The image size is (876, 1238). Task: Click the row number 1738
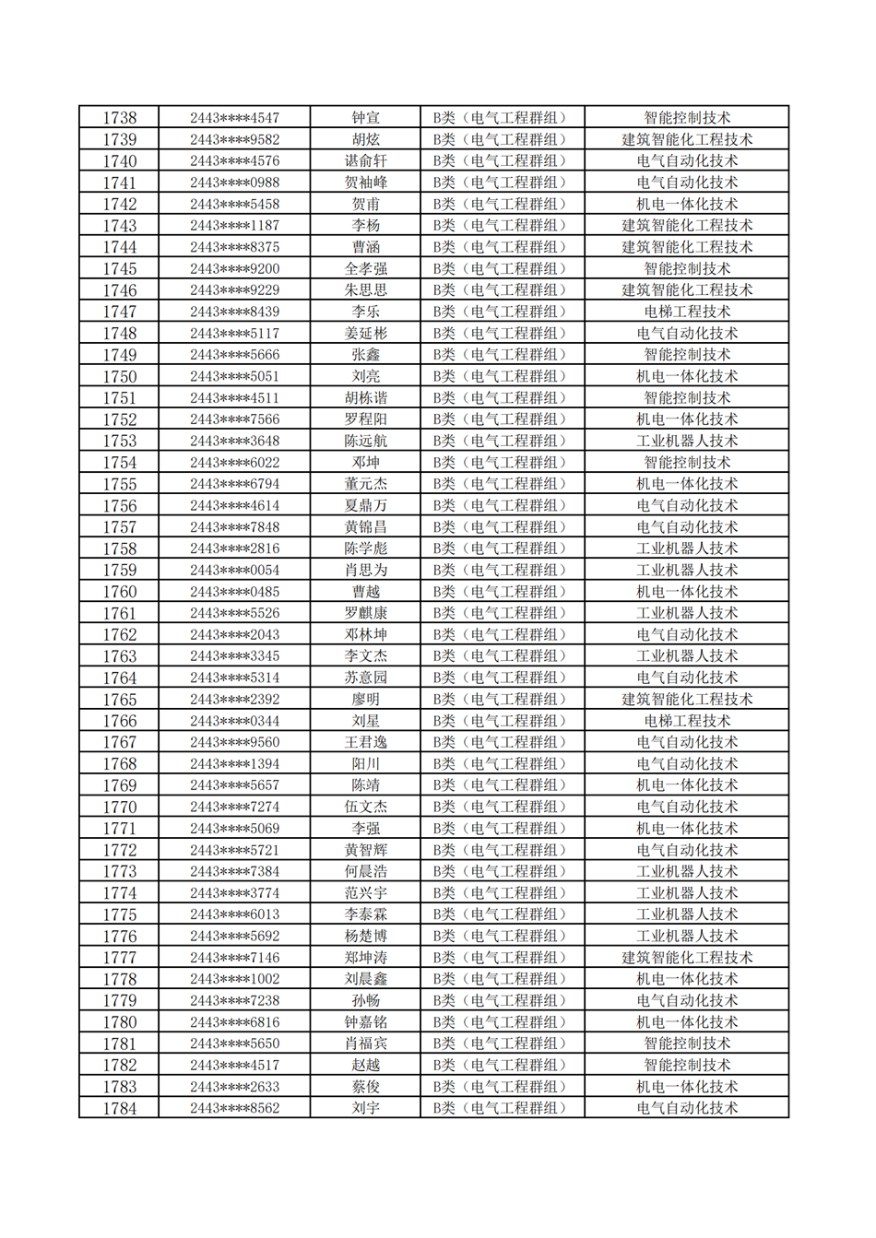[119, 118]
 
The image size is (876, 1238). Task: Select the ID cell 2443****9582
[234, 140]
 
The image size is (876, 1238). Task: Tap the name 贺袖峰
[365, 183]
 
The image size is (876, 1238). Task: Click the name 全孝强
[365, 269]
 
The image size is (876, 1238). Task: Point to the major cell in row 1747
[686, 312]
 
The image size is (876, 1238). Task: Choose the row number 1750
[119, 377]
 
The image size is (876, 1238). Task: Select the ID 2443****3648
[234, 442]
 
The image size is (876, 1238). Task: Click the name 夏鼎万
[365, 506]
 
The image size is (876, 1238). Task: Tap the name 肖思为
[365, 571]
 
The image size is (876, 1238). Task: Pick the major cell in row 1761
[686, 613]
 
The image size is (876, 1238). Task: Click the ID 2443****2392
[234, 700]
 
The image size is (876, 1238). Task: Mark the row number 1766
[119, 721]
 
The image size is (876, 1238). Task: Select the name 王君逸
[365, 742]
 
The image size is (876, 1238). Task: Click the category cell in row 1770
[502, 808]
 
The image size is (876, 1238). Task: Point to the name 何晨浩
[365, 872]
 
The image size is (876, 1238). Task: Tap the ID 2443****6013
[234, 914]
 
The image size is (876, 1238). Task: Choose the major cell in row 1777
[686, 958]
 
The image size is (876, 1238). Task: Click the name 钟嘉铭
[365, 1022]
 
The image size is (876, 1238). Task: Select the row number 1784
[119, 1108]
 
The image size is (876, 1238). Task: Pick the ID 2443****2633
[234, 1087]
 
